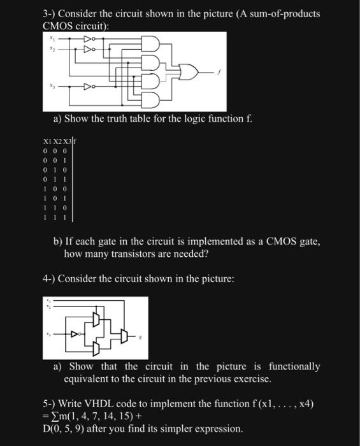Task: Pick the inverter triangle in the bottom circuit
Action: pyautogui.click(x=75, y=333)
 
